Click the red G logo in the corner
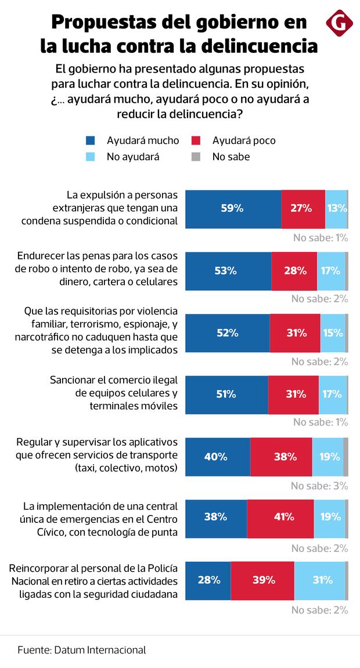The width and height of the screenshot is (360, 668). [340, 24]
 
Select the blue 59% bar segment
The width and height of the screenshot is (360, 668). [233, 208]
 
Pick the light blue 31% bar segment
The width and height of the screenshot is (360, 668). [319, 580]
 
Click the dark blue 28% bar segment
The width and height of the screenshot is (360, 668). [208, 580]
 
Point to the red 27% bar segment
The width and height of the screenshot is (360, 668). [303, 208]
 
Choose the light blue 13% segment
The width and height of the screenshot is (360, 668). [336, 208]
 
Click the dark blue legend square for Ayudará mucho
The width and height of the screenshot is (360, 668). [90, 141]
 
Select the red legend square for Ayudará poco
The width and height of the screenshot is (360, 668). [196, 141]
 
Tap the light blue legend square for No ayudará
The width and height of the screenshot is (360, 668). [90, 157]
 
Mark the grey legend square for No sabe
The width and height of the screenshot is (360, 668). [196, 157]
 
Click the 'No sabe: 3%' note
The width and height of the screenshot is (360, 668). [319, 486]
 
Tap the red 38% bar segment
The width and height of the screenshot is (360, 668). [281, 457]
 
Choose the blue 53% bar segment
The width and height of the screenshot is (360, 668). [228, 271]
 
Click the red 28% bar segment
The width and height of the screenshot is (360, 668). [294, 271]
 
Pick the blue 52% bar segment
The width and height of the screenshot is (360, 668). [228, 333]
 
